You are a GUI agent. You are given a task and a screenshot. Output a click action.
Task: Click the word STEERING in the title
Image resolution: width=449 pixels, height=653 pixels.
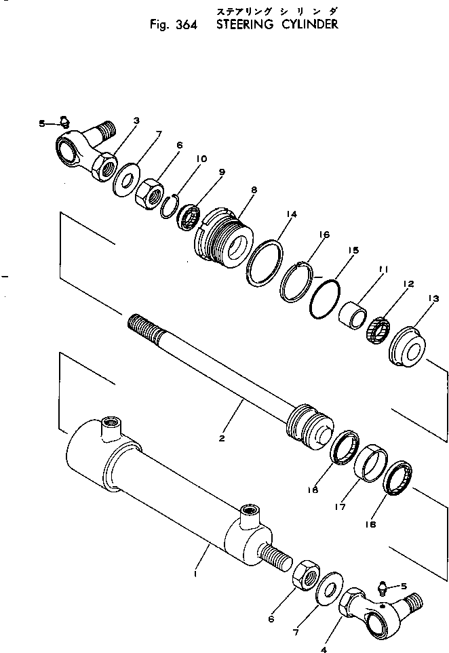[243, 26]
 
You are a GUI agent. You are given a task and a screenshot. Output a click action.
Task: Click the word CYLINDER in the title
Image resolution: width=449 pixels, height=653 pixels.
[308, 26]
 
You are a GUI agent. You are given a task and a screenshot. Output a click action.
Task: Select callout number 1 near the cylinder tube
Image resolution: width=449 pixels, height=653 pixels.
[196, 574]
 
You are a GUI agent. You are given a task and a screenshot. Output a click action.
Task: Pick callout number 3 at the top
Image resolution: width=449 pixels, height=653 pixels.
[136, 121]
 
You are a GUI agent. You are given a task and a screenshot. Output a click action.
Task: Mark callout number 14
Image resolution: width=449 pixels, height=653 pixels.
[291, 214]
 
